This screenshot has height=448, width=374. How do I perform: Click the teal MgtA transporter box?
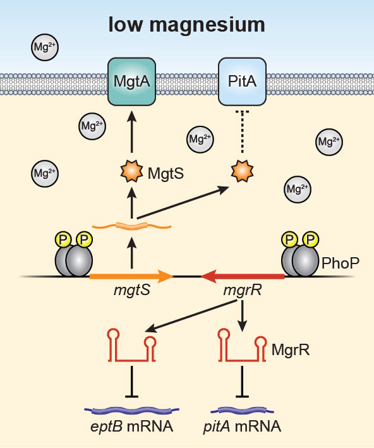click(x=131, y=82)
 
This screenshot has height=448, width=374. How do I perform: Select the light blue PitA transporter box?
click(x=243, y=82)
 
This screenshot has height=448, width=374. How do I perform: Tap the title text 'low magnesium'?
click(x=187, y=25)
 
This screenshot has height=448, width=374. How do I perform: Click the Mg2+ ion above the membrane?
click(x=45, y=47)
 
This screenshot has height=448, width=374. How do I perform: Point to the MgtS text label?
click(x=166, y=173)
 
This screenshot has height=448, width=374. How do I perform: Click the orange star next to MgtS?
click(x=131, y=171)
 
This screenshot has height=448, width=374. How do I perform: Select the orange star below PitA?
click(x=243, y=171)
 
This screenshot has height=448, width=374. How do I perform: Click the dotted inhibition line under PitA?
click(x=243, y=131)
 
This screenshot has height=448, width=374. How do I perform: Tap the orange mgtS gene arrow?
click(x=131, y=277)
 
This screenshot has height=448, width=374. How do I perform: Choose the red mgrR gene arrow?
click(x=243, y=277)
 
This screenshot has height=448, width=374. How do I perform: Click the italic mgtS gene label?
click(x=131, y=291)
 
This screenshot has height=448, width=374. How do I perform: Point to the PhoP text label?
click(x=341, y=263)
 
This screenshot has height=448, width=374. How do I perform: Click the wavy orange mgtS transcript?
click(x=131, y=226)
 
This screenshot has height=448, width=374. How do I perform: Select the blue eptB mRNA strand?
click(x=131, y=411)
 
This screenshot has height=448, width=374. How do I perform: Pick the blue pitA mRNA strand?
click(x=243, y=411)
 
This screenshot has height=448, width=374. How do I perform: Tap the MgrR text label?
click(x=290, y=349)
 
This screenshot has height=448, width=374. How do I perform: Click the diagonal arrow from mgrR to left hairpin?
click(x=191, y=316)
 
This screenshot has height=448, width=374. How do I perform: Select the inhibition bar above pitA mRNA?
click(x=243, y=382)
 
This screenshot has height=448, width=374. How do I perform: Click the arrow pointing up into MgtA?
click(x=131, y=131)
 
